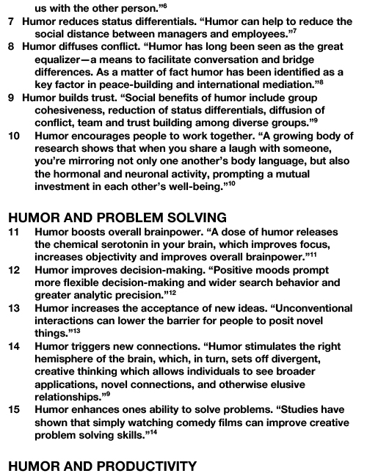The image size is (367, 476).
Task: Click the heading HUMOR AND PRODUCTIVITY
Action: [x=102, y=466]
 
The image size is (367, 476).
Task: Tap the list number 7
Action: [x=10, y=22]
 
